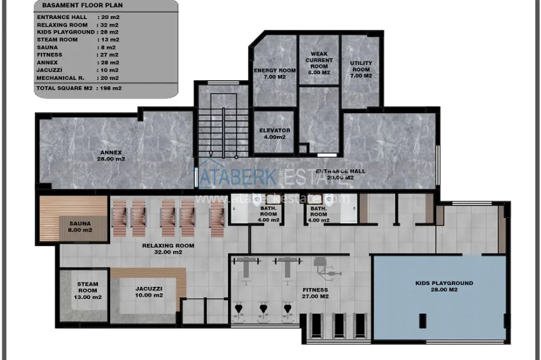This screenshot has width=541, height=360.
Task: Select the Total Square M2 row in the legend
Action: [78, 88]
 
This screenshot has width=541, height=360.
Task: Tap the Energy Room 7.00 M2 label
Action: [274, 73]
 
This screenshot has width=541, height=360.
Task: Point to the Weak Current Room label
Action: [319, 64]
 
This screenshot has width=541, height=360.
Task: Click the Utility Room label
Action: [360, 69]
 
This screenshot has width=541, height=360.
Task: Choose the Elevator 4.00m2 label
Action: [274, 134]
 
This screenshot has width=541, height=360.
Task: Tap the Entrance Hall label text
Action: [341, 174]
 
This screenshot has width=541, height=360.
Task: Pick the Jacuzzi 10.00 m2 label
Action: [149, 293]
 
